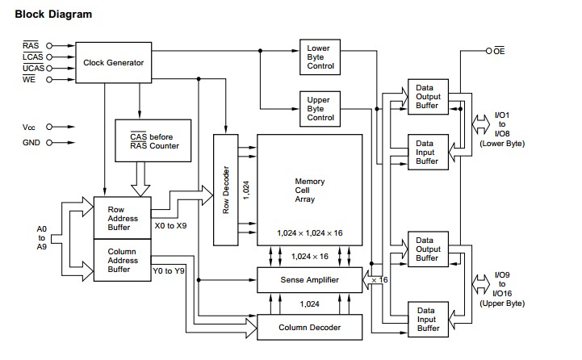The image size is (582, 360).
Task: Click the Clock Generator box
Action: point(114,62)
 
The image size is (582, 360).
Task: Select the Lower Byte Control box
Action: point(320,57)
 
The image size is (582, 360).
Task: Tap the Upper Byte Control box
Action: point(320,109)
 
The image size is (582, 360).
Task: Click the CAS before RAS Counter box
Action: point(153,140)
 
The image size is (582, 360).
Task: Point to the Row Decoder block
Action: point(226,190)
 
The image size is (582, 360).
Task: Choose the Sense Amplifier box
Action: point(309,280)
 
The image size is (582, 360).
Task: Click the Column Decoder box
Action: point(309,328)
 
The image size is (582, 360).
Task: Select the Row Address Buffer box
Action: point(123,218)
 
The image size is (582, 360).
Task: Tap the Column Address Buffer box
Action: point(123,260)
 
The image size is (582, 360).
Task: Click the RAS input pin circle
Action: point(49,46)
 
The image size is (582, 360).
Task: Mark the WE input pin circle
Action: point(49,79)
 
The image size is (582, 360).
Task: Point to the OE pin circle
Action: point(489,51)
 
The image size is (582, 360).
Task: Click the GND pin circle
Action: point(49,143)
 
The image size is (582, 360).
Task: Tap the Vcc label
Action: point(28,128)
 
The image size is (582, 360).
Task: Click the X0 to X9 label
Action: point(170,226)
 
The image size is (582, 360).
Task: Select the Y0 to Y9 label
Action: point(169,271)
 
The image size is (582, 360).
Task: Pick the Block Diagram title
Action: point(53,14)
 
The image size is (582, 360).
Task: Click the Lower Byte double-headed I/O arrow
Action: point(480,124)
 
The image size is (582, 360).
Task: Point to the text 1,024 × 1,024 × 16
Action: point(309,233)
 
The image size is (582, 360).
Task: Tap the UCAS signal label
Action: point(33,68)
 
